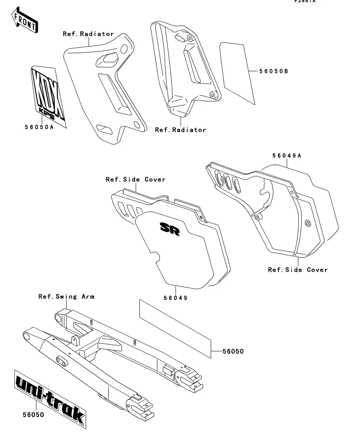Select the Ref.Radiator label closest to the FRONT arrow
coord(88,34)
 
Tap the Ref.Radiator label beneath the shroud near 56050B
coord(180,129)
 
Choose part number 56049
coord(175,298)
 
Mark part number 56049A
coord(286,156)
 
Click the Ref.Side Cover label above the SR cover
coord(135,179)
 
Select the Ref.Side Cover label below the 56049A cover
coord(297,270)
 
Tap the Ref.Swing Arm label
coord(66,296)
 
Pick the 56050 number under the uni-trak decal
coord(33,415)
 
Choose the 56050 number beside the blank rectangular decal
coord(232,351)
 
